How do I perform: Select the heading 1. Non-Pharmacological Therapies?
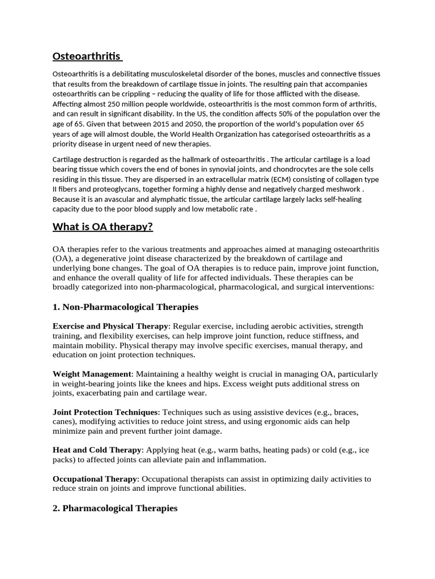click(x=125, y=307)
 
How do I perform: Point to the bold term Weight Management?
click(x=92, y=374)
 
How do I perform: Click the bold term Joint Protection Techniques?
click(x=105, y=412)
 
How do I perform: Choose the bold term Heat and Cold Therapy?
click(x=97, y=450)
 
